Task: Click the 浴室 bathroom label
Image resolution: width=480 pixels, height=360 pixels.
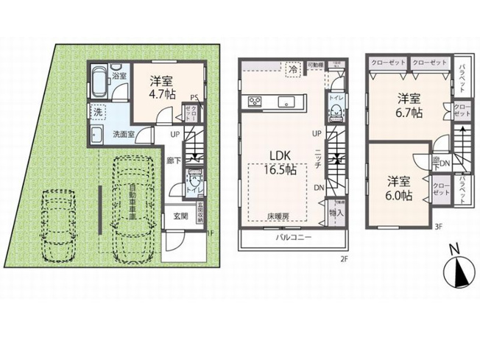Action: click(119, 75)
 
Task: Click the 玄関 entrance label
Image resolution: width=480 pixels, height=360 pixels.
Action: click(181, 216)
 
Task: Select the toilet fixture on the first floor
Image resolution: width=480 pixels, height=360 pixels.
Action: click(195, 180)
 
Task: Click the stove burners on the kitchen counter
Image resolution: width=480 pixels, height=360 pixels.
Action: click(257, 101)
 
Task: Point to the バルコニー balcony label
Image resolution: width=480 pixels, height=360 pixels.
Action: click(294, 239)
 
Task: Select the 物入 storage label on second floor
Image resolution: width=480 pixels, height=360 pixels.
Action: click(336, 212)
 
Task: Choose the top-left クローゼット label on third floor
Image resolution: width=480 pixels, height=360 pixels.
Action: click(387, 63)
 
